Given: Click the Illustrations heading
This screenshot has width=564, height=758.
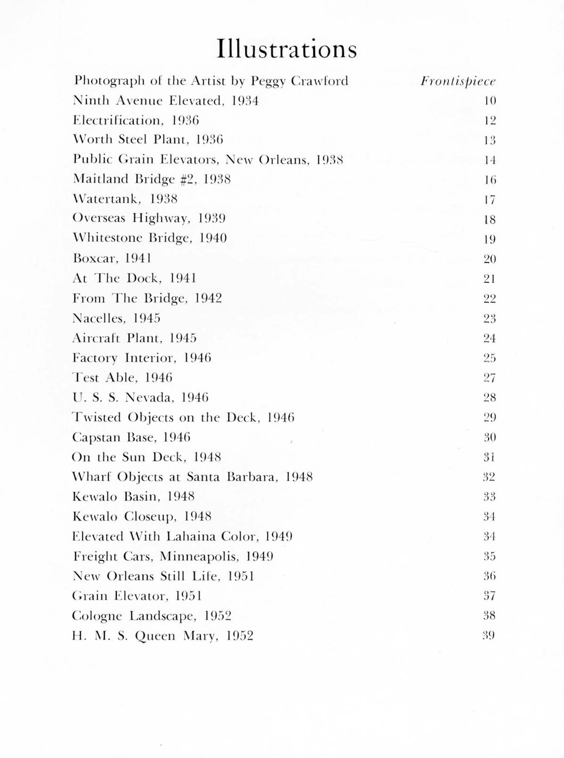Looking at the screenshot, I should click(x=286, y=49).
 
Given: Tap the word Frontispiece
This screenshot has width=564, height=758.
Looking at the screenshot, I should click(x=458, y=82).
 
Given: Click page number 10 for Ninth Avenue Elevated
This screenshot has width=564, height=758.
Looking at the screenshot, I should click(x=490, y=101).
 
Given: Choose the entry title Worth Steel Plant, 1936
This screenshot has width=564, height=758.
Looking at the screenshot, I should click(x=148, y=140).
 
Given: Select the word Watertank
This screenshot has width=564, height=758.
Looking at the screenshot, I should click(x=107, y=199).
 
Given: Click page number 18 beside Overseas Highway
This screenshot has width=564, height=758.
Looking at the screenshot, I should click(x=490, y=219).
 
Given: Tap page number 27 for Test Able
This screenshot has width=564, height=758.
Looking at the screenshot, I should click(x=489, y=378).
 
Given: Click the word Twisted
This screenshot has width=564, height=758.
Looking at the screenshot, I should click(x=97, y=417).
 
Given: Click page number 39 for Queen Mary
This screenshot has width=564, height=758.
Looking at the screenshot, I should click(x=489, y=635).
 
